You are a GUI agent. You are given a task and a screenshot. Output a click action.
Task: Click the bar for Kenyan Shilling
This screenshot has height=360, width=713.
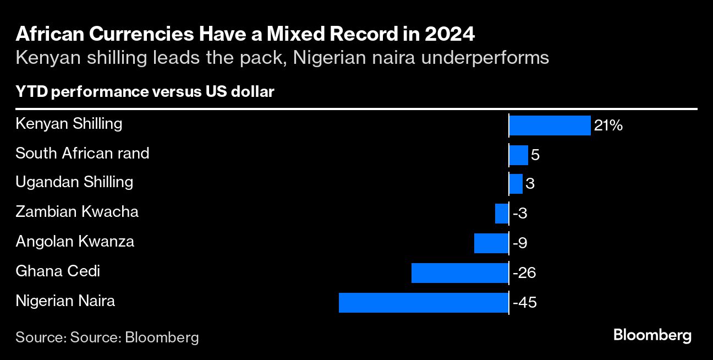[x=550, y=126]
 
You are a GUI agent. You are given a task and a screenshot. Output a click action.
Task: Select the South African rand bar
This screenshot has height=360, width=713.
[x=518, y=155]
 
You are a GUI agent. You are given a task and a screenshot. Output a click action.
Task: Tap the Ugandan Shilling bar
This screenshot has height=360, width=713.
[x=515, y=184]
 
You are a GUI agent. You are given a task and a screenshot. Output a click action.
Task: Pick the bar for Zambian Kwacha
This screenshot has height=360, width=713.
[x=502, y=213]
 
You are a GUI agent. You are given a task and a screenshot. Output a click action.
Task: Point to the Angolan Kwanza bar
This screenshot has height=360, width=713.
[x=491, y=243]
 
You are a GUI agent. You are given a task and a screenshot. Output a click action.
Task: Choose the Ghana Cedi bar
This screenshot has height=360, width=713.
[x=460, y=273]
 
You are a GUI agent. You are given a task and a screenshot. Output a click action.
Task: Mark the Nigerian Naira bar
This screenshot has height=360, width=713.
[x=424, y=303]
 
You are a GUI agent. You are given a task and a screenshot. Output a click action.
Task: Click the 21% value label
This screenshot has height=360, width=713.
[x=608, y=126]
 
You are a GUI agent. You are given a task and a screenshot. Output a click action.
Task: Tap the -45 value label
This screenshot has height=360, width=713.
[x=524, y=303]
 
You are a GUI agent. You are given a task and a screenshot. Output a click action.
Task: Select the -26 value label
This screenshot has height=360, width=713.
[x=524, y=273]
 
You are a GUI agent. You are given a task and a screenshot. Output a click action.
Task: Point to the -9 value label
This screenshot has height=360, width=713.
[x=520, y=243]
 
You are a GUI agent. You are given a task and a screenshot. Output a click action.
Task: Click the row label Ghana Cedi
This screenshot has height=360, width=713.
[x=58, y=271]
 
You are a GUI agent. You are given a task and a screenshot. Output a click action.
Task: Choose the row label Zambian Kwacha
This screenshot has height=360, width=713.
[x=77, y=211]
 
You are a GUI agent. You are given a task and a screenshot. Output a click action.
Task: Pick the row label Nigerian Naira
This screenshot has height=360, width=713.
[x=65, y=301]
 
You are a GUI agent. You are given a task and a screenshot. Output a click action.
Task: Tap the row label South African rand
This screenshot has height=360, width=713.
[x=83, y=152]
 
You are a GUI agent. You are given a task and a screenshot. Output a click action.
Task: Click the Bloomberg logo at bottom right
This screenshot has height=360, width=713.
[x=652, y=335]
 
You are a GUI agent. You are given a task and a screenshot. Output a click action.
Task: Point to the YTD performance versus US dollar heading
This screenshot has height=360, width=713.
[x=145, y=92]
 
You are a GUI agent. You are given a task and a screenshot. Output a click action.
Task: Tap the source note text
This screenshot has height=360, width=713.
[x=107, y=337]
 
